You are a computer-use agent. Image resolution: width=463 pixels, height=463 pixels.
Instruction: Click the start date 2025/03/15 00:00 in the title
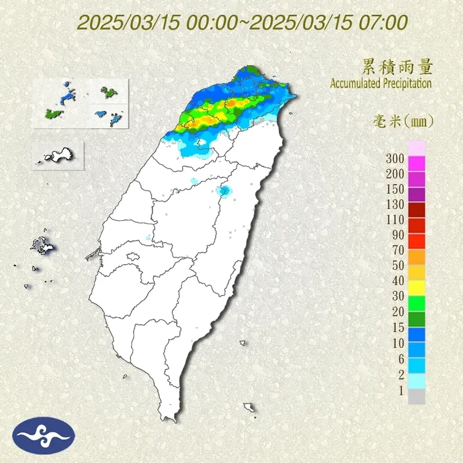[157, 23]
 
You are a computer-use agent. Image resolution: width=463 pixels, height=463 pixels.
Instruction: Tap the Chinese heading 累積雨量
[397, 67]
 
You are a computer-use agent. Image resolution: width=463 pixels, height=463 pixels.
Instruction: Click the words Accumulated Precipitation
[381, 83]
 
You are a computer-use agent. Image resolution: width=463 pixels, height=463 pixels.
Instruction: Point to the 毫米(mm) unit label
[404, 122]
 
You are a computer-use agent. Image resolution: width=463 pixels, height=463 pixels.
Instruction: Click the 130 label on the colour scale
[395, 204]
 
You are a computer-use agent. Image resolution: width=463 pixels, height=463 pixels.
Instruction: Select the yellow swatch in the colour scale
[417, 287]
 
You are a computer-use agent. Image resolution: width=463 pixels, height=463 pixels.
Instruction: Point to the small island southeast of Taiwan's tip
[250, 408]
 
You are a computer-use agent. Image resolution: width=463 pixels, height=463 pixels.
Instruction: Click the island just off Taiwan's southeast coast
[244, 343]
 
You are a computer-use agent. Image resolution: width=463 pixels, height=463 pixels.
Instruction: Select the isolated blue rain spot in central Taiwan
[224, 191]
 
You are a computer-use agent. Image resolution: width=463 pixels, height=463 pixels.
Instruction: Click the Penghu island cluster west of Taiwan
[43, 246]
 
